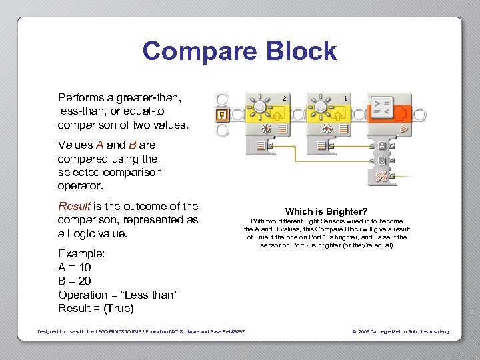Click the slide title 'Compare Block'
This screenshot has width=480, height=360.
(x=239, y=51)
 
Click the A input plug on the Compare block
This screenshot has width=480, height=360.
(x=381, y=145)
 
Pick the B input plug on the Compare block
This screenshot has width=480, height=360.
(x=381, y=161)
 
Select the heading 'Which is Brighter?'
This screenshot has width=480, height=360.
(x=326, y=211)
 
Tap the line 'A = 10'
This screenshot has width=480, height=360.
(x=75, y=267)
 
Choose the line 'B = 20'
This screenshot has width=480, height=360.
(x=75, y=281)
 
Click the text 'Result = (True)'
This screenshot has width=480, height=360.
(x=96, y=308)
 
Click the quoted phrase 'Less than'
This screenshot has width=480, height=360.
(x=153, y=295)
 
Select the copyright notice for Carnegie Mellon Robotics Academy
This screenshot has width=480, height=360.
(x=401, y=331)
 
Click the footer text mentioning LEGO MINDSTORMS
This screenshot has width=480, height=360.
(x=141, y=331)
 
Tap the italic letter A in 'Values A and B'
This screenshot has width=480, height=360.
(x=99, y=145)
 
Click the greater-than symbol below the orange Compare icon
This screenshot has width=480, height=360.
(x=403, y=127)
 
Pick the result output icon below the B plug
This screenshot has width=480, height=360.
(x=381, y=176)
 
